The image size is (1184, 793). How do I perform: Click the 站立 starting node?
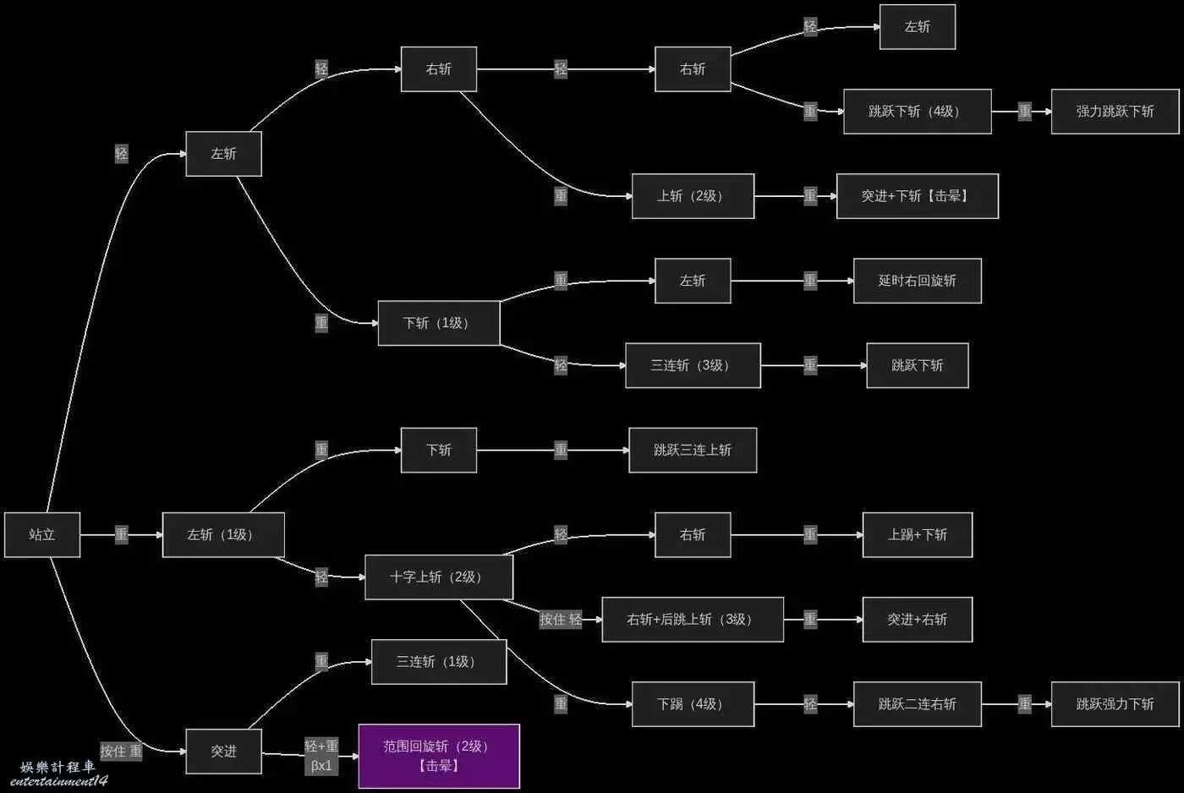click(42, 534)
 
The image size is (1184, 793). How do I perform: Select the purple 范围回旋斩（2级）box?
click(439, 756)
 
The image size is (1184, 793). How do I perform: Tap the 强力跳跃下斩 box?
click(1115, 112)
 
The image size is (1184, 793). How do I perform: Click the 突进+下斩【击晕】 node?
click(917, 196)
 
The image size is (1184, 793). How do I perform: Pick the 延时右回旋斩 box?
click(917, 281)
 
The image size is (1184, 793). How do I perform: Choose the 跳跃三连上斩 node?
click(692, 450)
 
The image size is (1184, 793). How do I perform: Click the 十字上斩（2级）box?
click(438, 577)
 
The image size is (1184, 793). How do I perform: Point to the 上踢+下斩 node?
click(917, 534)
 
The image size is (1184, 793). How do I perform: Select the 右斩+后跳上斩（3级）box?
click(692, 619)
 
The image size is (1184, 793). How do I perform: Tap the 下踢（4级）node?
click(692, 703)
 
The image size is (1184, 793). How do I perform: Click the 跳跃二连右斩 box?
click(917, 703)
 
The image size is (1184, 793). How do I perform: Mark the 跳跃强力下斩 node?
click(1115, 703)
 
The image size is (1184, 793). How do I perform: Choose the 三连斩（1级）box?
click(438, 661)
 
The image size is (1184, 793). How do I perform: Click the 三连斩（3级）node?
click(692, 365)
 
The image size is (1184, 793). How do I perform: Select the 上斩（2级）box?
click(692, 196)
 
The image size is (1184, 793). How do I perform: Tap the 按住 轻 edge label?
click(561, 620)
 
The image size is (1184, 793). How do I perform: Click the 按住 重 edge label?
click(121, 751)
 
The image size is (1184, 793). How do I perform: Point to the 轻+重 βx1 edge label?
click(321, 756)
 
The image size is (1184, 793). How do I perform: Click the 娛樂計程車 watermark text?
click(58, 767)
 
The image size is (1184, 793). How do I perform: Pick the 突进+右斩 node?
click(917, 619)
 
